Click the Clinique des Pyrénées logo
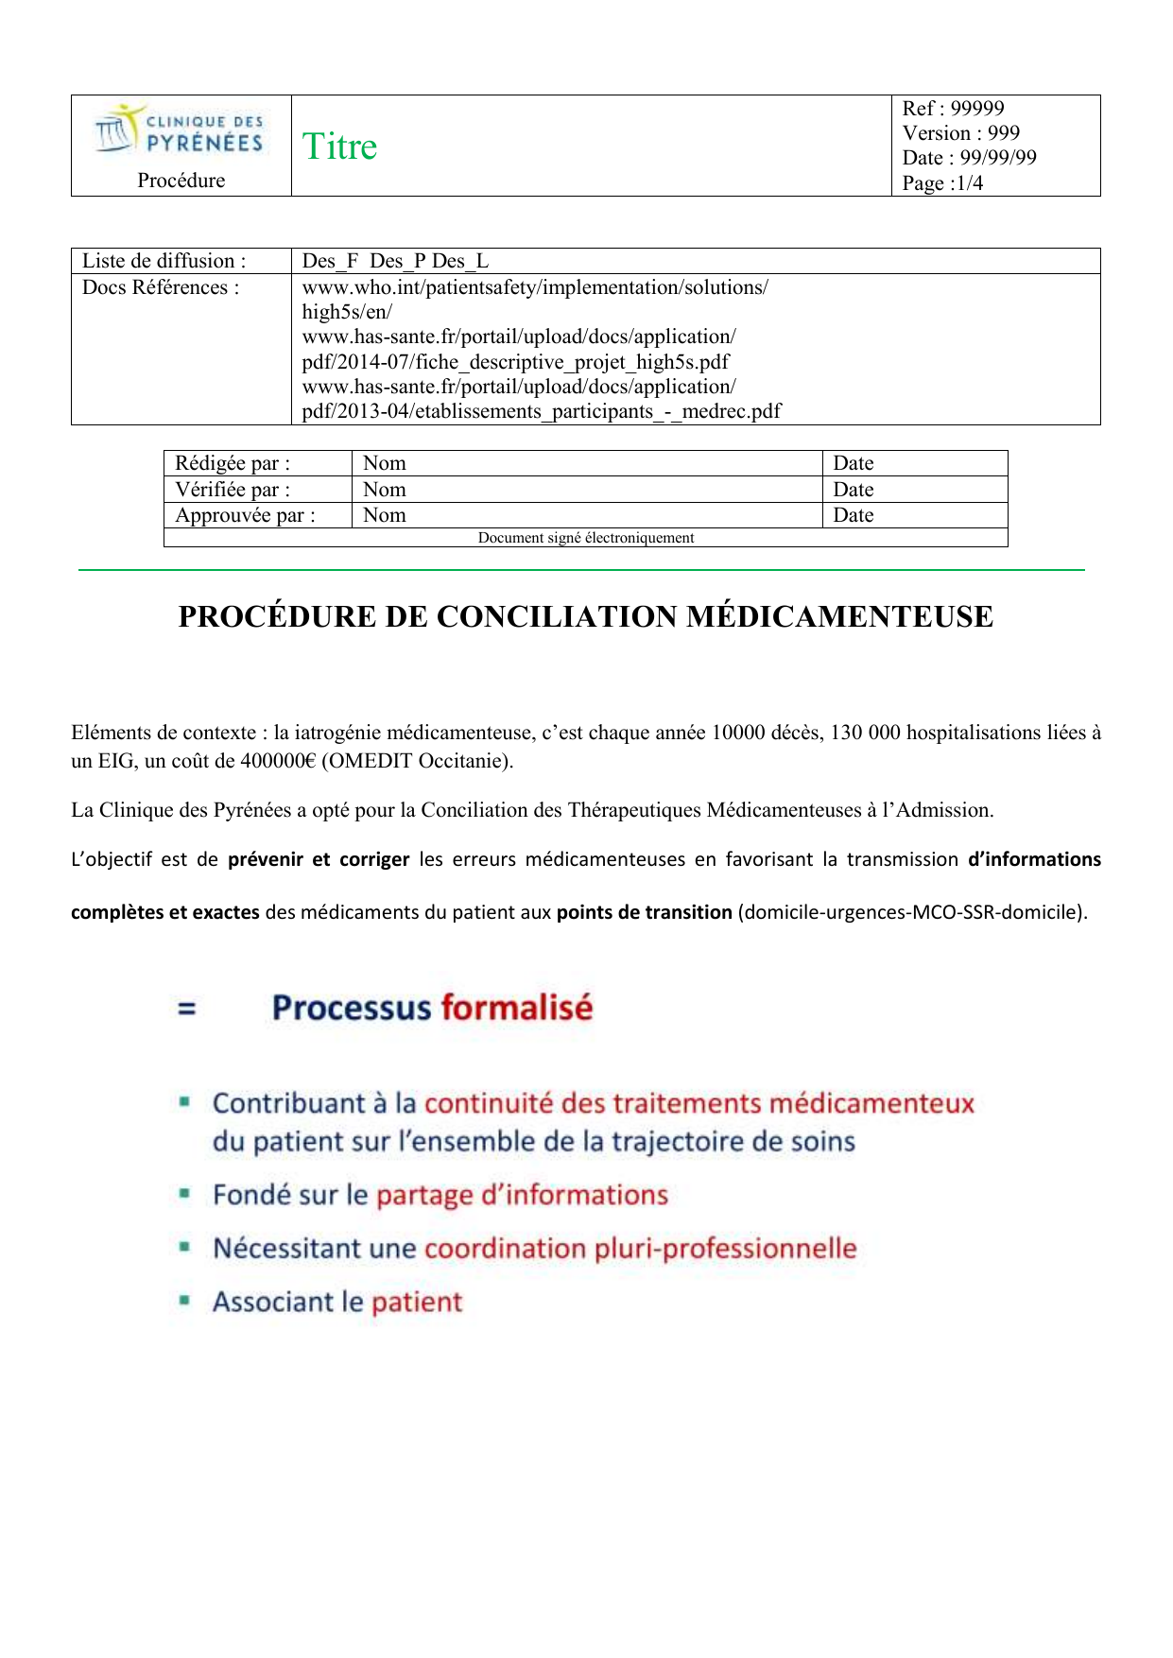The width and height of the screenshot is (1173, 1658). coord(180,130)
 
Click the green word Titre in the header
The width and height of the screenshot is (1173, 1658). coord(339,147)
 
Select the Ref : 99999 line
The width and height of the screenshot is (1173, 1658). coord(953,109)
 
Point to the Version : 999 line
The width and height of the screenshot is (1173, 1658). coord(960,133)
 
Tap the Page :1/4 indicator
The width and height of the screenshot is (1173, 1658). coord(942,183)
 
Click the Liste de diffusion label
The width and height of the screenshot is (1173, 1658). coord(164,261)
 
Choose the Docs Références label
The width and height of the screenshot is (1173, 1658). coord(161,287)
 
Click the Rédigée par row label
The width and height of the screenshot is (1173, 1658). coord(233,463)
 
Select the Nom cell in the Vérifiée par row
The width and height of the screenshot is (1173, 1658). coord(385,490)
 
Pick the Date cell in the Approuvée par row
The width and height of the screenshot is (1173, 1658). coord(853,515)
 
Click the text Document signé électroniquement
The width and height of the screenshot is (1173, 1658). coord(586,538)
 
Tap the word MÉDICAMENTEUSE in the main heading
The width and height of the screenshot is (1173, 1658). coord(839,616)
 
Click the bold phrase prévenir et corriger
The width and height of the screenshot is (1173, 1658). coord(319,859)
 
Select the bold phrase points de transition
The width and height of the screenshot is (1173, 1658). coord(644,912)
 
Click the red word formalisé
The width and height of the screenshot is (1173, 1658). coord(516,1008)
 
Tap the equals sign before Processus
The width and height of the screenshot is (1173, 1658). coord(187,1009)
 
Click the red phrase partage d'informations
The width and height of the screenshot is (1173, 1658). coord(522,1196)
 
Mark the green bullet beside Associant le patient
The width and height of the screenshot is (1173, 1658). coord(185,1301)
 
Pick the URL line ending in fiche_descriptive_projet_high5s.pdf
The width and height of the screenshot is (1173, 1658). coord(515,362)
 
